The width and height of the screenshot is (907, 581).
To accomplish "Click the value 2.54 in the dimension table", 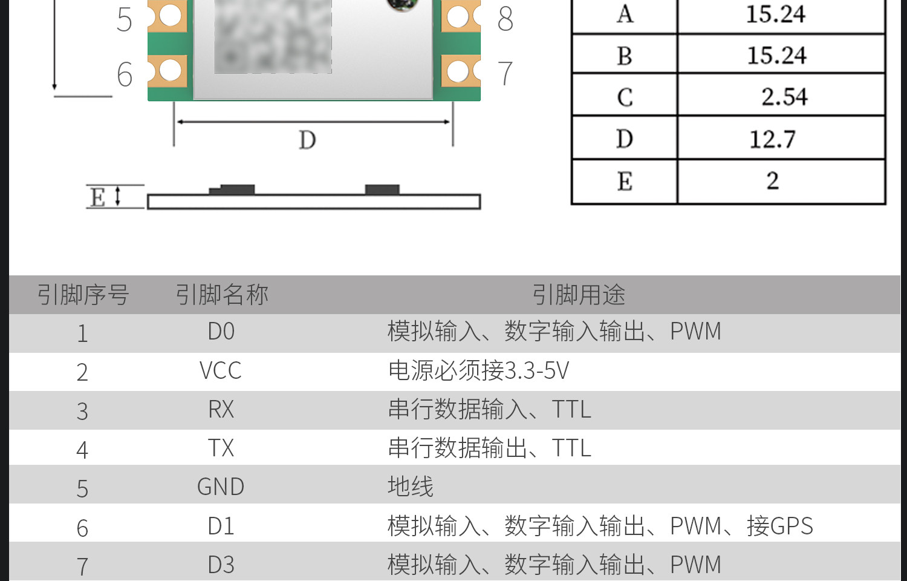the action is coord(784,97).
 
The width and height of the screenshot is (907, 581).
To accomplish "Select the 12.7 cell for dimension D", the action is coord(772,139).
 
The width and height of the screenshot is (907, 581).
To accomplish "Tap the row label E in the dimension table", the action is coord(625,182).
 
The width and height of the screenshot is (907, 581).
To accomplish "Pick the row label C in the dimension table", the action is coord(625,97).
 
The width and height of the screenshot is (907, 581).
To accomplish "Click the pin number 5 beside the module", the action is coord(124,19).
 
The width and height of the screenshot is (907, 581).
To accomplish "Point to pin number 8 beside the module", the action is coord(506,19).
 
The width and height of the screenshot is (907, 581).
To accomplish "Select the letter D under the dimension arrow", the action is coord(307,140).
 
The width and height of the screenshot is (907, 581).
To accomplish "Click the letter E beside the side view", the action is coord(97,197).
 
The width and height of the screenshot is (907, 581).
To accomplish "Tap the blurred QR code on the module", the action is coord(273,36).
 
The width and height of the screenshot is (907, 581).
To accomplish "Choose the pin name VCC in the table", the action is coord(221,371).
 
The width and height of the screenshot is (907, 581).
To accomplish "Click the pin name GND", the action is coord(221,487).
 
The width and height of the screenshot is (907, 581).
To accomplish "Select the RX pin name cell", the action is coord(221,410).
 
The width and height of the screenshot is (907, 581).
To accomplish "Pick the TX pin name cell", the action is coord(221,448).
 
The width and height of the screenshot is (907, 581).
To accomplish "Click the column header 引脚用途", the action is coord(579,295).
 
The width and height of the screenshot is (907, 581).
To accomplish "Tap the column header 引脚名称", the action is coord(222,295).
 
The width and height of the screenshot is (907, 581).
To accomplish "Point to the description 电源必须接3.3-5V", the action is coord(478,371).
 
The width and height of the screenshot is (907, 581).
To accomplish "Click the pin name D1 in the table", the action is coord(221,527).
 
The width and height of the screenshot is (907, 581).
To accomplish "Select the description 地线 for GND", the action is coord(411,487).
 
